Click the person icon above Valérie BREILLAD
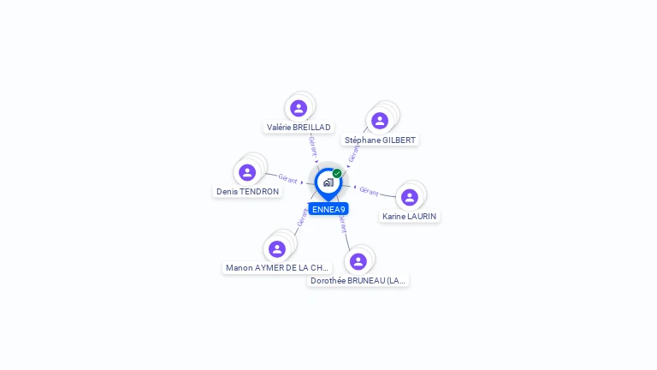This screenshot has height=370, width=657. coord(299,108)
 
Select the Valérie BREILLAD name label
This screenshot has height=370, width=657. coord(299,127)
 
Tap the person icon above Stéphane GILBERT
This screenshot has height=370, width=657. coord(380,121)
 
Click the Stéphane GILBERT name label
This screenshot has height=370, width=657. coord(381,140)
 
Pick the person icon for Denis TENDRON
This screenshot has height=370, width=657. coord(247,172)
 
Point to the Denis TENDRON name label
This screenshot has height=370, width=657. coord(247,191)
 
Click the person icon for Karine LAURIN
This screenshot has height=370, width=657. coord(410,197)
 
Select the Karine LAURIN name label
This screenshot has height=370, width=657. coord(410,216)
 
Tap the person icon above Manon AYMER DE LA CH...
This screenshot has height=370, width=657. coord(277,248)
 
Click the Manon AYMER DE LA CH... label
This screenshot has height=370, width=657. coord(277,267)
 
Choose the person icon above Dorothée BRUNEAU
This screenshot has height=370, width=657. coord(358,261)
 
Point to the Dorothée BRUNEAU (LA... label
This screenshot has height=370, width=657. coord(358,280)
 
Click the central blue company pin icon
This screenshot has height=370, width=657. coord(328,182)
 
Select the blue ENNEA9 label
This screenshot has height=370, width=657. coord(328,209)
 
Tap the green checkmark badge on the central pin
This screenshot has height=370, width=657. coord(337,173)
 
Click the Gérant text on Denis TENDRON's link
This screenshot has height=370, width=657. coord(287,179)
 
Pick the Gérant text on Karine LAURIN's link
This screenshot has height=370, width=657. coord(369,191)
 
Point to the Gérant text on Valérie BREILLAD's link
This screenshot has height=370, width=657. coord(313,145)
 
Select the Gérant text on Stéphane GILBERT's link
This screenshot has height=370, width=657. coord(354,152)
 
